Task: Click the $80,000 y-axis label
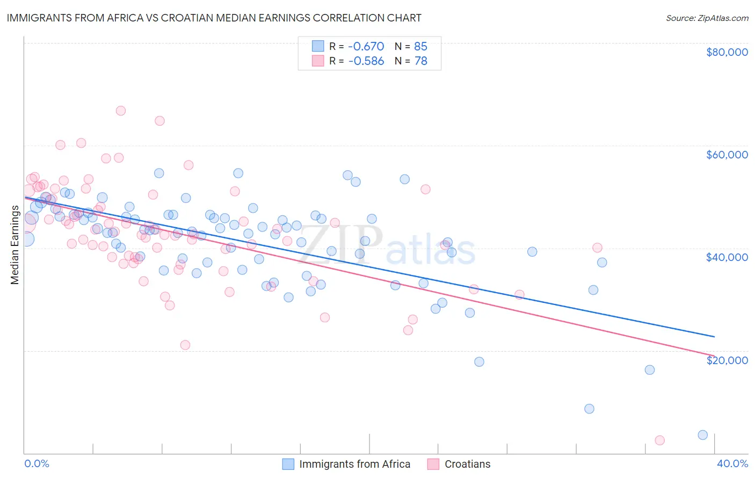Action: click(x=727, y=52)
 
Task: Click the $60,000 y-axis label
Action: click(x=727, y=155)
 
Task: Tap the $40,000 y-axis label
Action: click(x=727, y=257)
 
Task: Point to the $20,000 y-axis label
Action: click(x=727, y=360)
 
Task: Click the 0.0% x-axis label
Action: click(x=37, y=463)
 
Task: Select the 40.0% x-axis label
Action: click(x=732, y=463)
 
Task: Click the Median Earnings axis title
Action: click(x=14, y=245)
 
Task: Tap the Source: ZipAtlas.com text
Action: click(x=707, y=18)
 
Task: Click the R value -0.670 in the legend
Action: click(x=366, y=46)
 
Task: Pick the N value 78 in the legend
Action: click(x=421, y=61)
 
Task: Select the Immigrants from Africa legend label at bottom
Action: click(x=354, y=464)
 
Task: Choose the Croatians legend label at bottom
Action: click(x=467, y=464)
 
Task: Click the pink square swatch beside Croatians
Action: click(x=433, y=464)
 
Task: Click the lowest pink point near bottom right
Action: click(x=659, y=440)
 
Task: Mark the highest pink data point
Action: click(x=121, y=111)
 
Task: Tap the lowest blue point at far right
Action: click(x=703, y=435)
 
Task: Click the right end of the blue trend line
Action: click(x=714, y=337)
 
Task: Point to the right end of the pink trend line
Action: click(x=714, y=355)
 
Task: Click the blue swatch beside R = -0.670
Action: click(x=318, y=46)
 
